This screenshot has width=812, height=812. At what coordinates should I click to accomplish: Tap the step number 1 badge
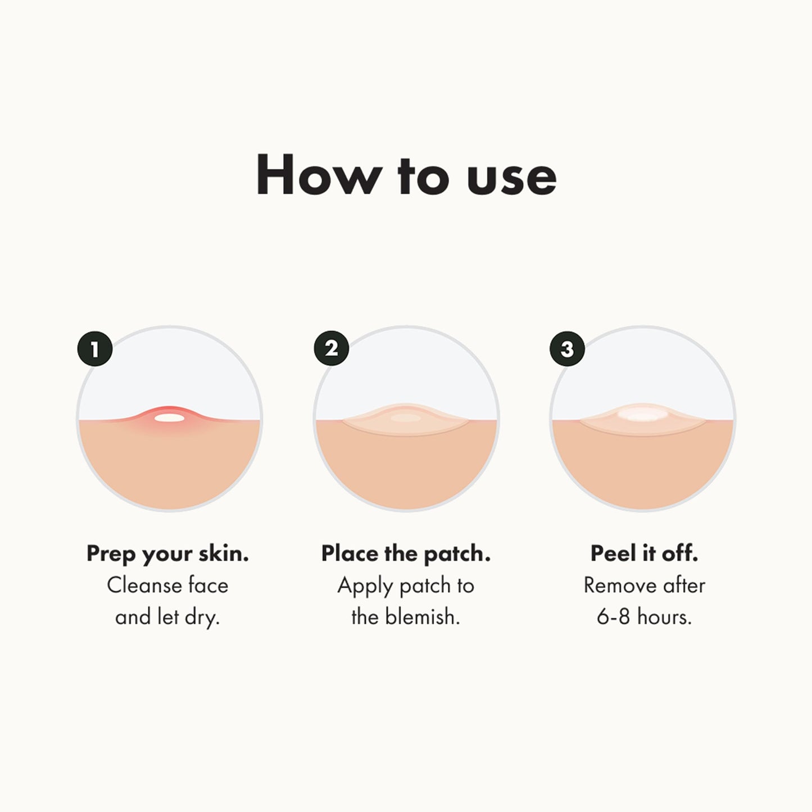(94, 349)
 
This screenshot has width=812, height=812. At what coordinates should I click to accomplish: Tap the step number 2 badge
(332, 348)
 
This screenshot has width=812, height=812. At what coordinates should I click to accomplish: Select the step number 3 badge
(567, 349)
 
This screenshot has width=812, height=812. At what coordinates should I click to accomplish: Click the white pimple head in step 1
(169, 418)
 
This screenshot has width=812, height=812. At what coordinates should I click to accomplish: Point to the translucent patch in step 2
(406, 419)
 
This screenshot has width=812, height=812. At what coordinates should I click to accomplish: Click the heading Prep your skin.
(167, 554)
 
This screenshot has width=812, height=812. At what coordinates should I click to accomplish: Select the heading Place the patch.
(406, 554)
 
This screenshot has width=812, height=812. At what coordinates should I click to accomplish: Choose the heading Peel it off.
(644, 554)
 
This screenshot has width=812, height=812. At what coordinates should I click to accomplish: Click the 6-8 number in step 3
(613, 617)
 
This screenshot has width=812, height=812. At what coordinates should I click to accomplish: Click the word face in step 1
(208, 586)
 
